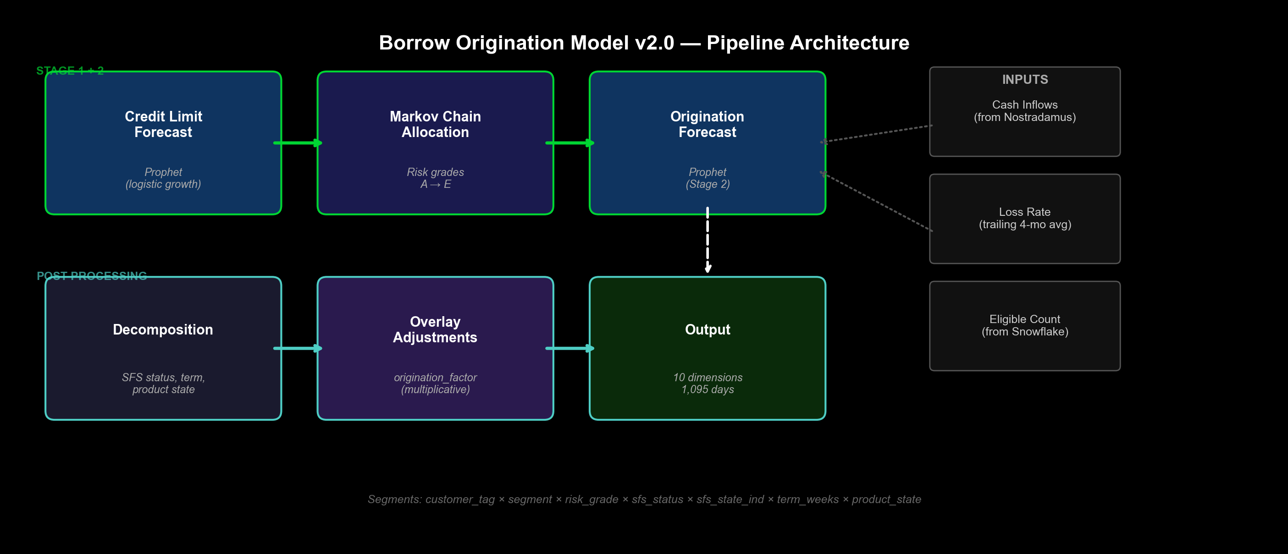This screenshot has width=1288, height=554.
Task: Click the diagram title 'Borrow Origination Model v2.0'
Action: [526, 43]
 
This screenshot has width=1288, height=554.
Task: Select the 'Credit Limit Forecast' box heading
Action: [164, 124]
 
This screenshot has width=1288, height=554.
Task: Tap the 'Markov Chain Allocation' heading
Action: [435, 124]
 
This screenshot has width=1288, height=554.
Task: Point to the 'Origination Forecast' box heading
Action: [707, 124]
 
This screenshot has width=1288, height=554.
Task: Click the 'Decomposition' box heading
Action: [163, 330]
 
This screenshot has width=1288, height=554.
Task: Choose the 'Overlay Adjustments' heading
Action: [435, 329]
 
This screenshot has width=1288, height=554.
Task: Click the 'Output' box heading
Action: [708, 330]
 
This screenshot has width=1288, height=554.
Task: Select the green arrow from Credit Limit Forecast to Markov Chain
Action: [298, 143]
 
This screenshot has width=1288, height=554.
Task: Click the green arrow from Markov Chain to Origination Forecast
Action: [570, 143]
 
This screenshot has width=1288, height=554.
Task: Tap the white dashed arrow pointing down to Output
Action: [708, 240]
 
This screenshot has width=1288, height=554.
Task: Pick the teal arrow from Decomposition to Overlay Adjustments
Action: [298, 348]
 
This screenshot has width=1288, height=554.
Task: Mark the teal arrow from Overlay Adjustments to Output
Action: [570, 348]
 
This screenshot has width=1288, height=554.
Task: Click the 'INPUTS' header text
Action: [1025, 79]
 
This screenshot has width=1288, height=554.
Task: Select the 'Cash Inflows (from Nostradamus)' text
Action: [1025, 111]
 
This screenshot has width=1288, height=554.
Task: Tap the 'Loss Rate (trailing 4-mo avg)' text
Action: [1025, 218]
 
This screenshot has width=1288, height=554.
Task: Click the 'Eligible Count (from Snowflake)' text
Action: [1025, 325]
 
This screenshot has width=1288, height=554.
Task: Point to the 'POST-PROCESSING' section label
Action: [92, 276]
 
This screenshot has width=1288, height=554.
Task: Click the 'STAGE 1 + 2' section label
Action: [70, 71]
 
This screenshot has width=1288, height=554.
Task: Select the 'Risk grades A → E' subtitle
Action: [436, 178]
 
